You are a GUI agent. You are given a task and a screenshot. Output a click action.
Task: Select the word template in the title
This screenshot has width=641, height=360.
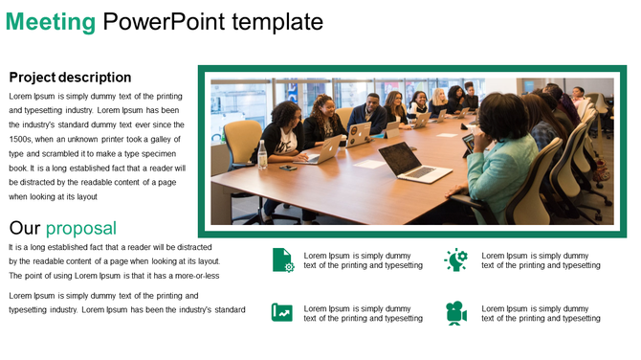click(277, 22)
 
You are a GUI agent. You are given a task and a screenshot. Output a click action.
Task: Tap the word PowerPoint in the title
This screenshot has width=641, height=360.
click(166, 22)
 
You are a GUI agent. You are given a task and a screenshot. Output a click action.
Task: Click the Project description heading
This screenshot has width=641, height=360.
click(70, 78)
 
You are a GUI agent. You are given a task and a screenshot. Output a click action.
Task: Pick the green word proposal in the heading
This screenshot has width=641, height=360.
click(81, 228)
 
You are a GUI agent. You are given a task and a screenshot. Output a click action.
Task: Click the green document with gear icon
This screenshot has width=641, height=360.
click(282, 259)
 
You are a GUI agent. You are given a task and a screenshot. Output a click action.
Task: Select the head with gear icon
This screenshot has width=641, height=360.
click(456, 259)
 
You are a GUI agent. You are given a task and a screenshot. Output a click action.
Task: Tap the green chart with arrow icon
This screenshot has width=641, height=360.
click(282, 312)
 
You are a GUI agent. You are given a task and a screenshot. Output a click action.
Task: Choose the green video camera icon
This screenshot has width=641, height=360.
click(456, 312)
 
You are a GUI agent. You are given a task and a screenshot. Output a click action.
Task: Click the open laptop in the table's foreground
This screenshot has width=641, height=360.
click(408, 162)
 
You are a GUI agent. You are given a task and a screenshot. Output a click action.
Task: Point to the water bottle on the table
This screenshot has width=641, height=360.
click(262, 153)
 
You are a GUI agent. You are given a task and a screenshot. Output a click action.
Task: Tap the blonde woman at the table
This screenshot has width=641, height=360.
click(439, 100)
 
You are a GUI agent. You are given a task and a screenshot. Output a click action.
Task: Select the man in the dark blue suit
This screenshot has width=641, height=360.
click(369, 112)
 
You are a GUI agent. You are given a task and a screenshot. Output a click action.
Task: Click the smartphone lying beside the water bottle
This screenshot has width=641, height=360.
click(287, 168)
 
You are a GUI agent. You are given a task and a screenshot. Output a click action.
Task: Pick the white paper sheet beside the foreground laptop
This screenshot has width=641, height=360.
click(370, 164)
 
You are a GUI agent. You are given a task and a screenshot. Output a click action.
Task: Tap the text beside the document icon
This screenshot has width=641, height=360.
click(363, 260)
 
